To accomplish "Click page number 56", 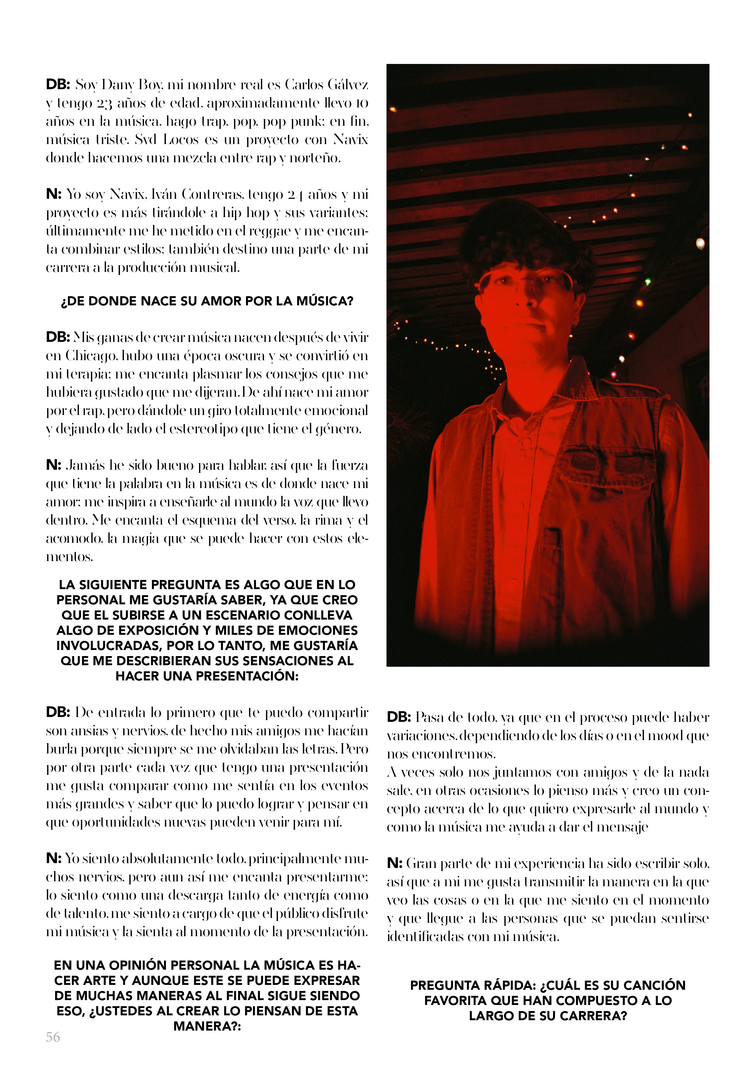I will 53,1037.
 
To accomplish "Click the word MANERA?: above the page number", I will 207,1026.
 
